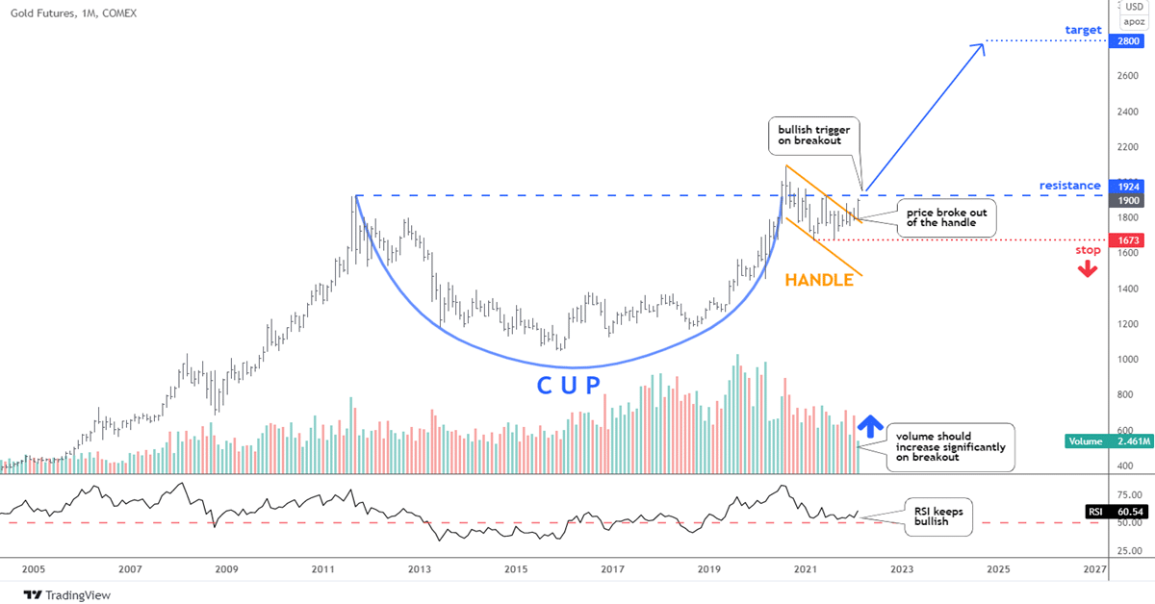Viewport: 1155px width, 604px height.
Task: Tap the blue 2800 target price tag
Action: click(1125, 42)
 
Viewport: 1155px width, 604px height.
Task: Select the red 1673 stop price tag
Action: click(1125, 239)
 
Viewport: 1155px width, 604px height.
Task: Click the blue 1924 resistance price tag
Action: click(1125, 185)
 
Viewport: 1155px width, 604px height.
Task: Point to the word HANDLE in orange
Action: click(819, 281)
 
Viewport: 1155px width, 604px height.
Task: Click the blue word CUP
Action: click(568, 386)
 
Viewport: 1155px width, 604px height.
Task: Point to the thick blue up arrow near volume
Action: click(870, 426)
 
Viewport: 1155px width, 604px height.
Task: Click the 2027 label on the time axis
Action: click(1093, 569)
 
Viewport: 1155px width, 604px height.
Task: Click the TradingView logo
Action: click(67, 595)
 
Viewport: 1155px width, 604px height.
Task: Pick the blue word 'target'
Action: click(1083, 31)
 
